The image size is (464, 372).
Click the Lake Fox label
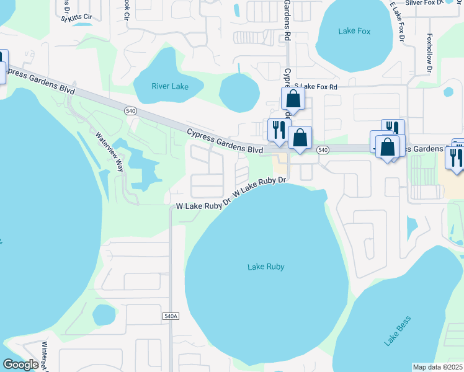pyautogui.click(x=354, y=31)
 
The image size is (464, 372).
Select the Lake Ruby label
pyautogui.click(x=265, y=267)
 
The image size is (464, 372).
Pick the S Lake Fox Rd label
pyautogui.click(x=316, y=87)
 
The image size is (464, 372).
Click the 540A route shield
pyautogui.click(x=171, y=316)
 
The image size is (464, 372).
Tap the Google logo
pyautogui.click(x=20, y=365)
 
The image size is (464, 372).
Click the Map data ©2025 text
pyautogui.click(x=438, y=367)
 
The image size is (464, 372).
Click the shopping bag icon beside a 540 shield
pyautogui.click(x=300, y=139)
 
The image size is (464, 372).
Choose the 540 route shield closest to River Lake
pyautogui.click(x=130, y=110)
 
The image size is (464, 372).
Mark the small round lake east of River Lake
pyautogui.click(x=239, y=92)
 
